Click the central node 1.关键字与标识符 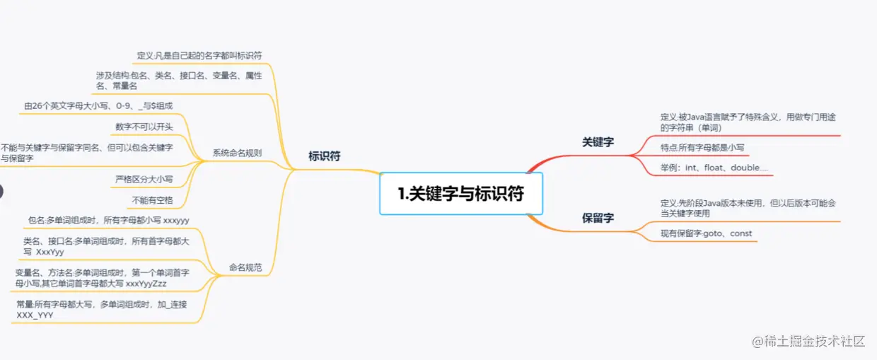pos(461,193)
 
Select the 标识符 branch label pos(324,156)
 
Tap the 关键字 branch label pos(598,142)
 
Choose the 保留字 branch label pos(598,218)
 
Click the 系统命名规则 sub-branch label pos(237,153)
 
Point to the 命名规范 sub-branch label pos(245,267)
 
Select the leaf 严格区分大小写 pos(144,179)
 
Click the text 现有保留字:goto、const pos(706,233)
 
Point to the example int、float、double pos(714,168)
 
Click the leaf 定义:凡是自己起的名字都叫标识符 pos(199,55)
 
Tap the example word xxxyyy pos(176,221)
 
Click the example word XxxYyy pos(50,252)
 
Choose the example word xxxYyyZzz pos(146,283)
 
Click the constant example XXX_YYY pos(35,315)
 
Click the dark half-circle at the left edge pos(1,191)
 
